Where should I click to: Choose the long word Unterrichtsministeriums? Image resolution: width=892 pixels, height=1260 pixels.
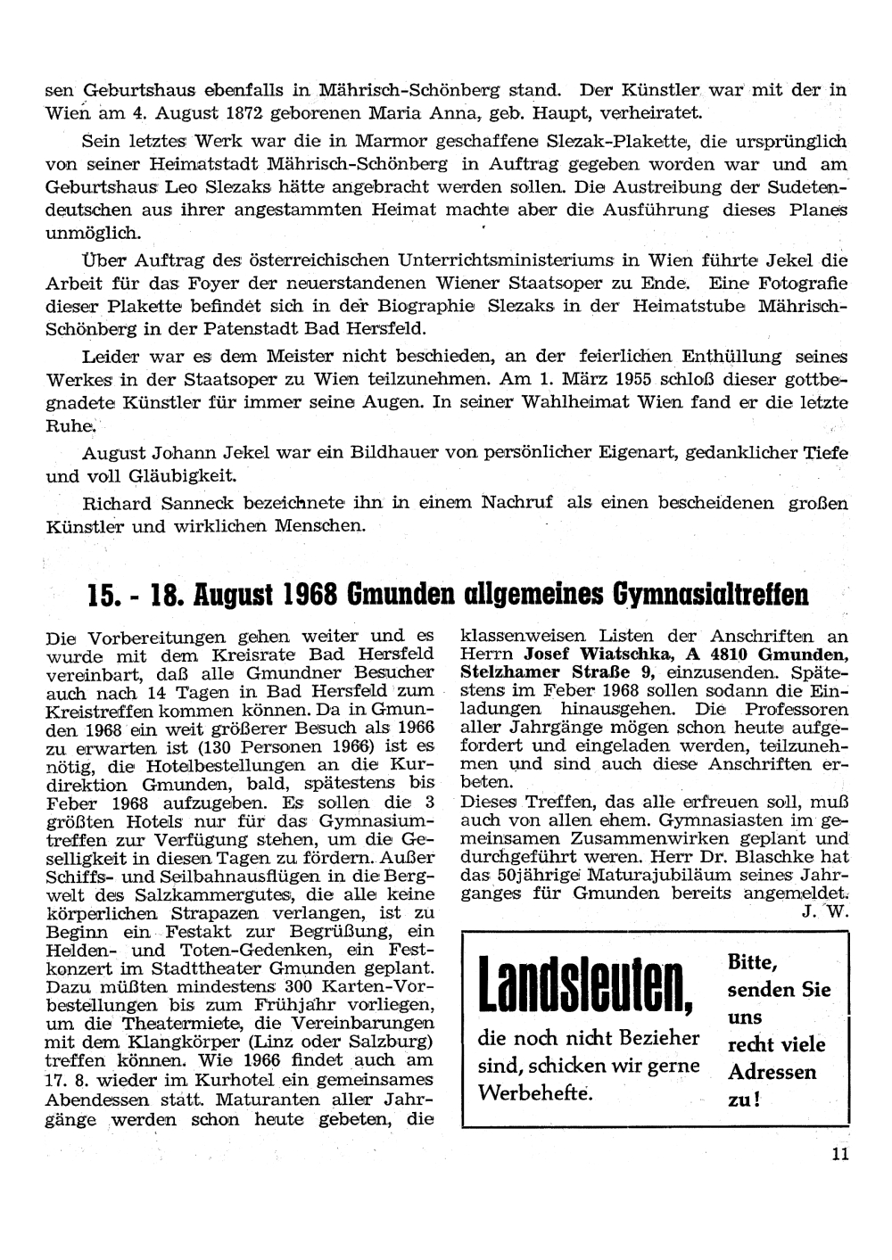505,259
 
